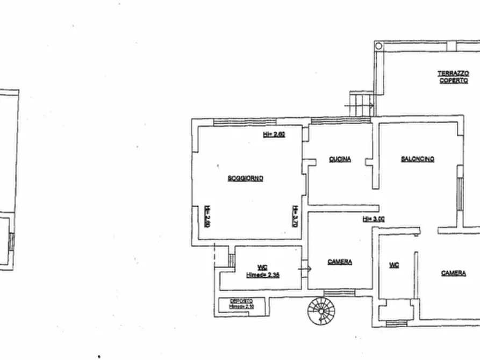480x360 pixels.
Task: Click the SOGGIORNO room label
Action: tap(245, 178)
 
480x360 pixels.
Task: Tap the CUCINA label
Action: tap(340, 159)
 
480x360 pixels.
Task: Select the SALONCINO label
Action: tap(417, 159)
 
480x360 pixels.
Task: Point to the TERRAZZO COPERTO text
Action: tap(453, 77)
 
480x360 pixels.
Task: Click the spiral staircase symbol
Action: tap(321, 311)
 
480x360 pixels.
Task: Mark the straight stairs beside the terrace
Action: tap(361, 103)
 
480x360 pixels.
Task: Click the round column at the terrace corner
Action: tap(378, 46)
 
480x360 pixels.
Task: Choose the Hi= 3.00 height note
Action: tap(373, 219)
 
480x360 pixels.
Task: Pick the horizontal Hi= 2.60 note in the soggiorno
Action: tap(274, 134)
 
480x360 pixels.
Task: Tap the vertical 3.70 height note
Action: tap(295, 216)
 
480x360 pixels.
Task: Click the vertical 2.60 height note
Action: tap(206, 216)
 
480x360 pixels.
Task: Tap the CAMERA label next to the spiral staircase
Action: tap(340, 262)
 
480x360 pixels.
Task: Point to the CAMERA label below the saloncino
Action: tap(453, 273)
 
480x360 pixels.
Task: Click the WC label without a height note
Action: tap(394, 265)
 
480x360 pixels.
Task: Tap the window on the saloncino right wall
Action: tap(460, 193)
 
